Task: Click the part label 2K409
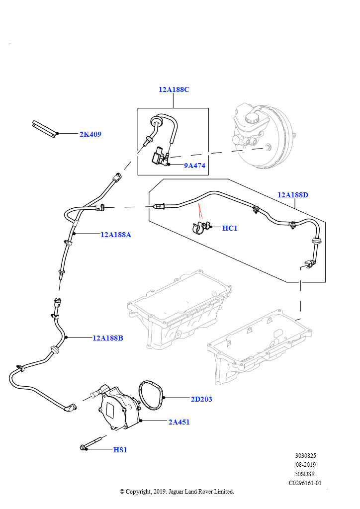tap(90, 134)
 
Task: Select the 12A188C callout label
tap(174, 89)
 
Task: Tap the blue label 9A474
tap(194, 166)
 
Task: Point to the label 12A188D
tap(293, 195)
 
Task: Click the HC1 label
tap(230, 228)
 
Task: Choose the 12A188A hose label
tap(116, 235)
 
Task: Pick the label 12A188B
tap(108, 338)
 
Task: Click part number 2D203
tap(202, 399)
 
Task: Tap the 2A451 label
tap(179, 422)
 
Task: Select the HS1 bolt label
tap(120, 450)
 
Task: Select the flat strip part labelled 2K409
tap(44, 128)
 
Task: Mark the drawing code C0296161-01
tap(305, 483)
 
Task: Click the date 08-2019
tap(305, 464)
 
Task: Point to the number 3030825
tap(305, 455)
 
